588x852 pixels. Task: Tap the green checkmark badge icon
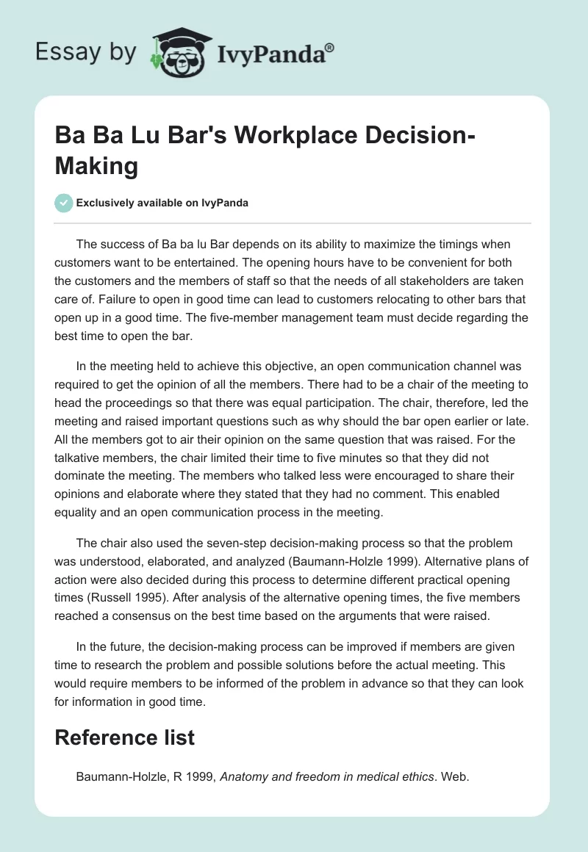(x=64, y=203)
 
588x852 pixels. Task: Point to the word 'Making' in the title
(x=96, y=166)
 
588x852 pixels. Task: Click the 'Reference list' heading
(x=125, y=737)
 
